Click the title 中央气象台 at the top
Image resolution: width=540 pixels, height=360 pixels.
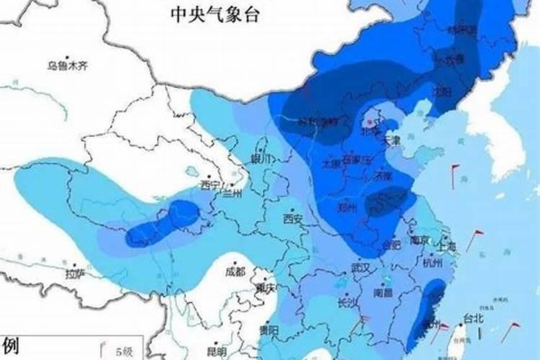pyautogui.click(x=214, y=14)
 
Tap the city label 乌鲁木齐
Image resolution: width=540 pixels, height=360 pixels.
pyautogui.click(x=67, y=66)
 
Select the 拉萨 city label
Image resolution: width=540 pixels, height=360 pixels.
pyautogui.click(x=75, y=274)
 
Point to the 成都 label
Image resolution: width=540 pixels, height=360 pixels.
pyautogui.click(x=235, y=272)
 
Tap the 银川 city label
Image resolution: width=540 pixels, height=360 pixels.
pyautogui.click(x=260, y=158)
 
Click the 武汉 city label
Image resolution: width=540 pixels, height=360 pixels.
pyautogui.click(x=360, y=267)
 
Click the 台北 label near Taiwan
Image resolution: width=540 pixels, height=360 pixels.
pyautogui.click(x=473, y=318)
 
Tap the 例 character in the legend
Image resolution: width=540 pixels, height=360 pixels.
pyautogui.click(x=9, y=345)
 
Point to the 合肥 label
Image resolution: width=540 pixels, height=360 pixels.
pyautogui.click(x=391, y=244)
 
